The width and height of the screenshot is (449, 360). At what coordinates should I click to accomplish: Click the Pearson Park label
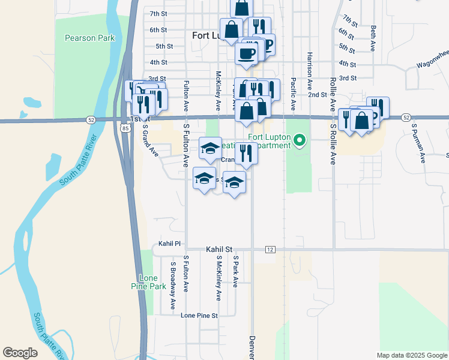point(89,38)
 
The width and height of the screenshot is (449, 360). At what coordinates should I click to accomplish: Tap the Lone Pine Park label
point(152,282)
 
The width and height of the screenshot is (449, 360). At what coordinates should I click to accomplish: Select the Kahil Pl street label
point(169,244)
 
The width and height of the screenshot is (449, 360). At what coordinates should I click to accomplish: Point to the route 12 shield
point(270,249)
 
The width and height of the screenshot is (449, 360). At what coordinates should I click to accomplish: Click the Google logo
point(20,353)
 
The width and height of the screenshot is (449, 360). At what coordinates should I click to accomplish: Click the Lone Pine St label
point(199,315)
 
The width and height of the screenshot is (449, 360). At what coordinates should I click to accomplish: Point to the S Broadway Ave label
point(173,285)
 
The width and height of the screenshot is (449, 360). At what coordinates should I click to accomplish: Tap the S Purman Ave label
point(418,143)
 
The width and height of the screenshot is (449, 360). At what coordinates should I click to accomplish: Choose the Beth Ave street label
point(373,37)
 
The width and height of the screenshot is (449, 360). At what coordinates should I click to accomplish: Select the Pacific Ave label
point(293,93)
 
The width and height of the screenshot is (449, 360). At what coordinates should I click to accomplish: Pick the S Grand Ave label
point(149,140)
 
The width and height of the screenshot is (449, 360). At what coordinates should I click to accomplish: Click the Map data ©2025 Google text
point(411,355)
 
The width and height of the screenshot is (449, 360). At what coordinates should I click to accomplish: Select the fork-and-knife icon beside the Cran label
point(246,153)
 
